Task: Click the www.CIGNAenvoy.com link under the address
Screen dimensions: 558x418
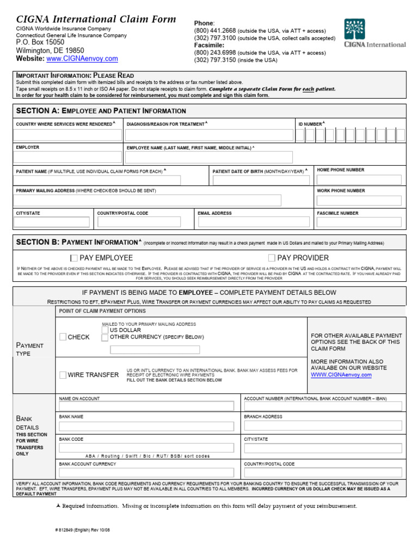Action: [x=82, y=59]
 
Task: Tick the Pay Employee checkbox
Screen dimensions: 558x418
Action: [x=74, y=258]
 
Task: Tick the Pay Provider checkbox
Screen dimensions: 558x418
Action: [x=272, y=258]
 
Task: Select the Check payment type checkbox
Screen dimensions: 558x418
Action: [x=63, y=337]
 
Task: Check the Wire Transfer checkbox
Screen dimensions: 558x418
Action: [x=63, y=375]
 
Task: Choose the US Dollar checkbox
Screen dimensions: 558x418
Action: [x=105, y=330]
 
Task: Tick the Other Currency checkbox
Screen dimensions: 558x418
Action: [x=105, y=338]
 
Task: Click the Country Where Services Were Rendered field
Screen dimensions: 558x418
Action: [x=68, y=135]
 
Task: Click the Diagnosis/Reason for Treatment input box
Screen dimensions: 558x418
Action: [x=209, y=135]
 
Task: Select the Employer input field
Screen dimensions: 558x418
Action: [x=68, y=157]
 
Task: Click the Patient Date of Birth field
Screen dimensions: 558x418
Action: [x=261, y=180]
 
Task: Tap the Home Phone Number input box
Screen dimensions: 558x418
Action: [x=359, y=179]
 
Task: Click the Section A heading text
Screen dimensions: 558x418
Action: [x=101, y=111]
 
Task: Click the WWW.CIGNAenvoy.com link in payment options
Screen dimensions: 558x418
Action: [x=341, y=375]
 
